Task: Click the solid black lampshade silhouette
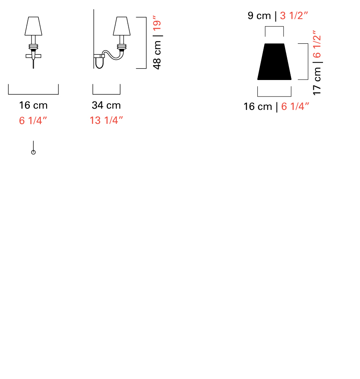(x=274, y=61)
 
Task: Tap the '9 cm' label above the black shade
(x=259, y=16)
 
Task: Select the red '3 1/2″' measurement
(x=294, y=16)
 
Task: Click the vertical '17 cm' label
(x=317, y=81)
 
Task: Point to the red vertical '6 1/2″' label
(x=317, y=44)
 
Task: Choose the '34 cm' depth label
(x=106, y=105)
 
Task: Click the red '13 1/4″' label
(x=106, y=120)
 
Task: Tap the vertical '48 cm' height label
(x=157, y=55)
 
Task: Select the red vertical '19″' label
(x=157, y=23)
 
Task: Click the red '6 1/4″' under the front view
(x=33, y=120)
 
